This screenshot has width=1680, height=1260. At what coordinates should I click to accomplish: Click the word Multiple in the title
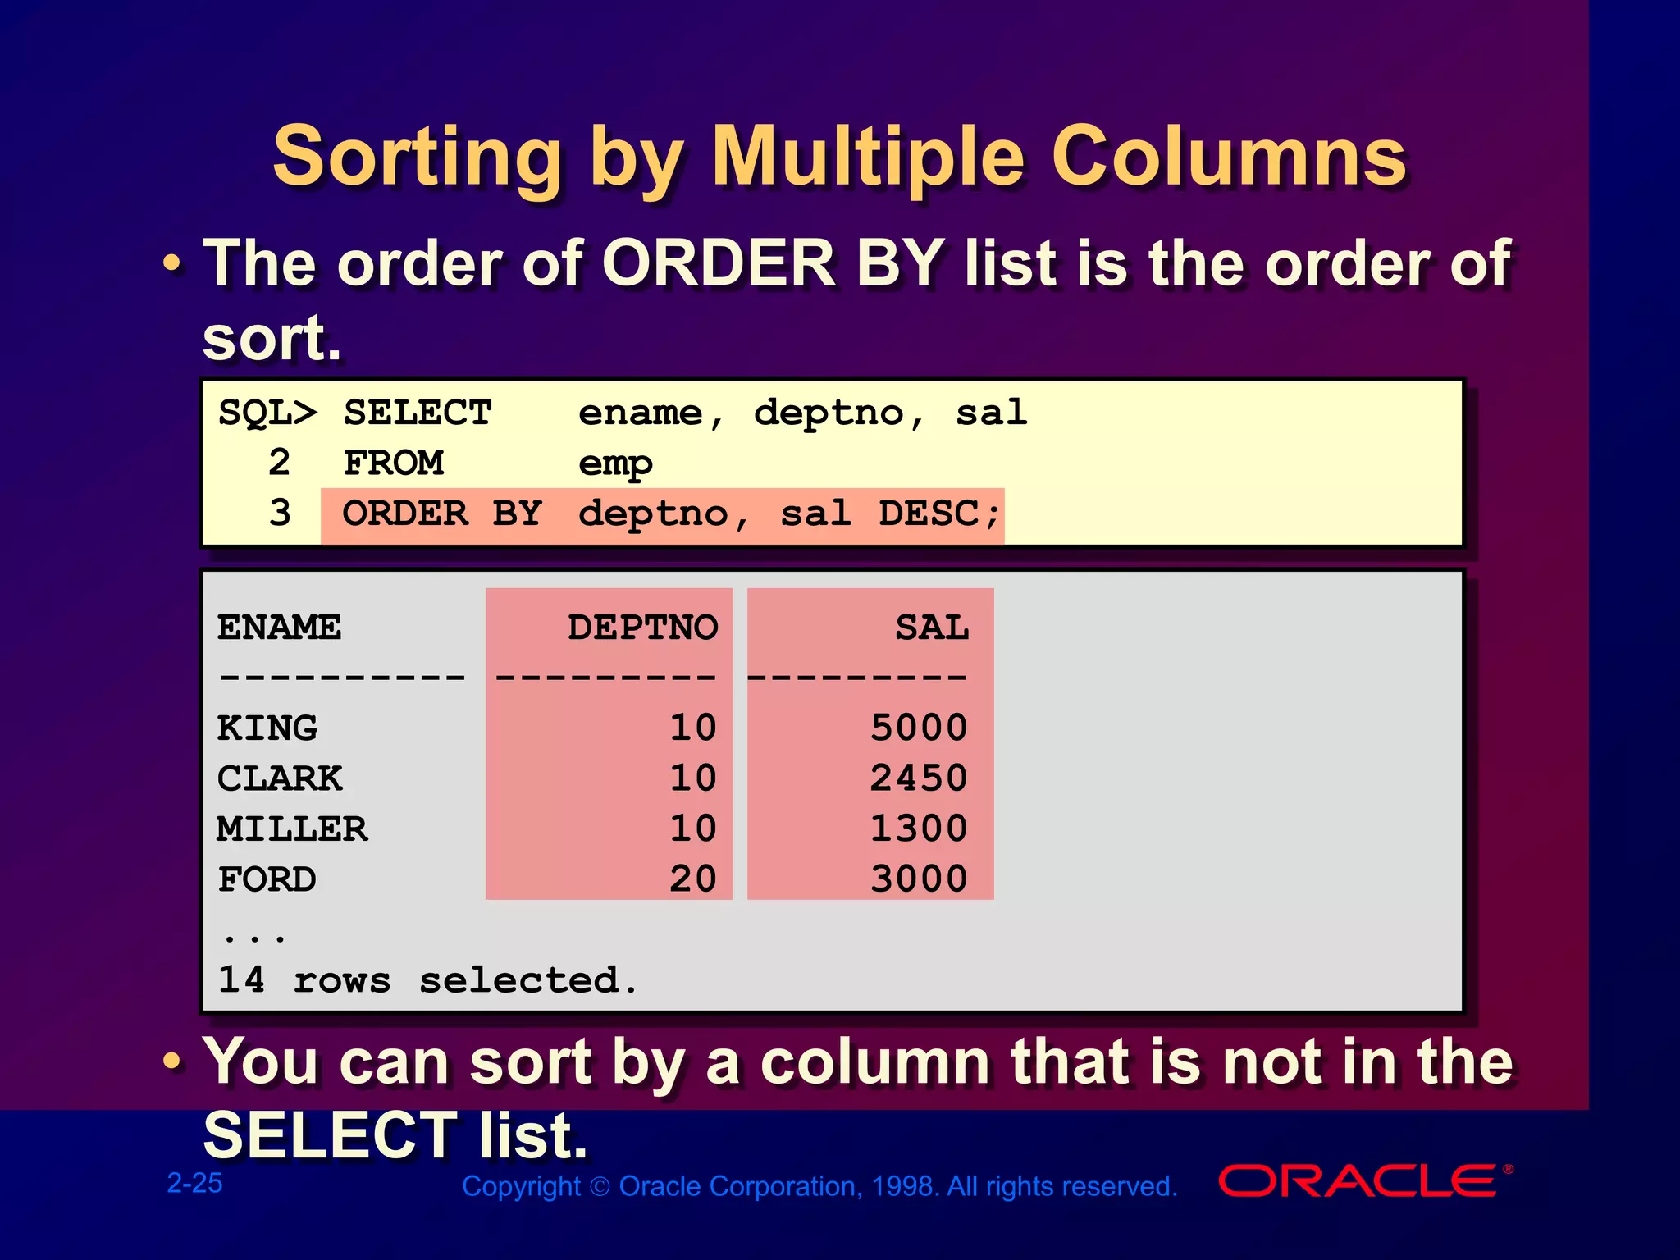[x=869, y=157]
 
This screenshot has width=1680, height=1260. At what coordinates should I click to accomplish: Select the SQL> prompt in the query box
[x=267, y=413]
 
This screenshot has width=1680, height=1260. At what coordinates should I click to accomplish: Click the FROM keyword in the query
[x=394, y=463]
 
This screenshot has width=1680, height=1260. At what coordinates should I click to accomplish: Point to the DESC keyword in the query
[x=929, y=514]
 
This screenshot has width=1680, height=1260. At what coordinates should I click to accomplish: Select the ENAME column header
[x=279, y=628]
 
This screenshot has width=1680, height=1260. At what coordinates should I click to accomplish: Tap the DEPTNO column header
[x=642, y=628]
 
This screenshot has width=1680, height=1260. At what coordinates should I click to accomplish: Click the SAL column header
[x=932, y=628]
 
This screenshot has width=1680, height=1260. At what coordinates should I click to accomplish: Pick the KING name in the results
[x=267, y=728]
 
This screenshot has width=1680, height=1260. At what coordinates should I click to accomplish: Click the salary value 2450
[x=919, y=778]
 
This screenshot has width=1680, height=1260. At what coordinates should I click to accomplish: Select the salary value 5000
[x=919, y=728]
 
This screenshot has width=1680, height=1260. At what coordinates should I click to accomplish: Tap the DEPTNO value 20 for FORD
[x=693, y=879]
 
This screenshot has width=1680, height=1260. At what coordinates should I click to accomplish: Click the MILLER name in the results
[x=292, y=829]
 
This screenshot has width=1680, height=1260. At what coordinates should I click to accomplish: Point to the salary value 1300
[x=919, y=829]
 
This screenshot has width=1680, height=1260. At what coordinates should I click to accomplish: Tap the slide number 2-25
[x=194, y=1183]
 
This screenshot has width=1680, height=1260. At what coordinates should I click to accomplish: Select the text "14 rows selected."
[x=427, y=980]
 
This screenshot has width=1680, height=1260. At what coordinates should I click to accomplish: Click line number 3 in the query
[x=280, y=514]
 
